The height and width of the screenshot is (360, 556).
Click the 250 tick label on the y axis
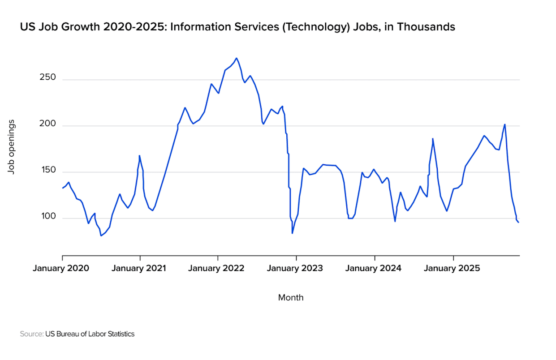pos(47,77)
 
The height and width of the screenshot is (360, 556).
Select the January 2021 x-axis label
pos(139,268)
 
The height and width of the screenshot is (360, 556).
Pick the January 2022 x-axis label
pos(216,268)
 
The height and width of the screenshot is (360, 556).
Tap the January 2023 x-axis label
pos(295,268)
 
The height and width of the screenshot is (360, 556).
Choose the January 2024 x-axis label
pos(374,268)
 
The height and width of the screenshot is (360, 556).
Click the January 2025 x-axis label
pos(452,268)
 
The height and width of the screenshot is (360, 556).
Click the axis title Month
pos(291,297)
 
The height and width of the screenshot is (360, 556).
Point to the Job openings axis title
pos(11,147)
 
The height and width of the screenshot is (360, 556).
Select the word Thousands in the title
pos(426,27)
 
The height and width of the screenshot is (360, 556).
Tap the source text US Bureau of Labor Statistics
pos(90,334)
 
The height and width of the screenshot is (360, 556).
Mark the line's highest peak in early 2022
pos(237,58)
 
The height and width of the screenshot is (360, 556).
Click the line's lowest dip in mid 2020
pos(101,236)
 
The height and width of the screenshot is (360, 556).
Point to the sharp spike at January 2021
pos(139,156)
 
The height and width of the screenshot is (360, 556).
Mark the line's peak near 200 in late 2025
pos(505,124)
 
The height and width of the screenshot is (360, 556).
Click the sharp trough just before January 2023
pos(292,233)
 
